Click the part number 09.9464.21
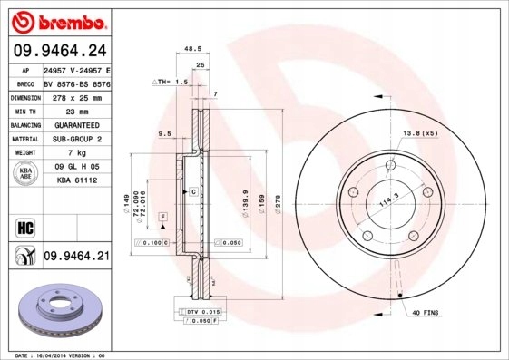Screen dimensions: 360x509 pos(76,257)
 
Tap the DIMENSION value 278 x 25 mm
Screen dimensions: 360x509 pos(76,96)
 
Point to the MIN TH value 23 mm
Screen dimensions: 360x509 pos(76,110)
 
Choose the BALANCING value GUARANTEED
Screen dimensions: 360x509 pos(76,123)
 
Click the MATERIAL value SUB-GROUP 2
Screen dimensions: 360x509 pos(76,138)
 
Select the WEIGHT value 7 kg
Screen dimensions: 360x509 pos(76,152)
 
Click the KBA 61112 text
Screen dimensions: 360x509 pos(76,180)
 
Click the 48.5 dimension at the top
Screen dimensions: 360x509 pos(191,49)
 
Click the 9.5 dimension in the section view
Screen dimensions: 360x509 pos(164,133)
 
